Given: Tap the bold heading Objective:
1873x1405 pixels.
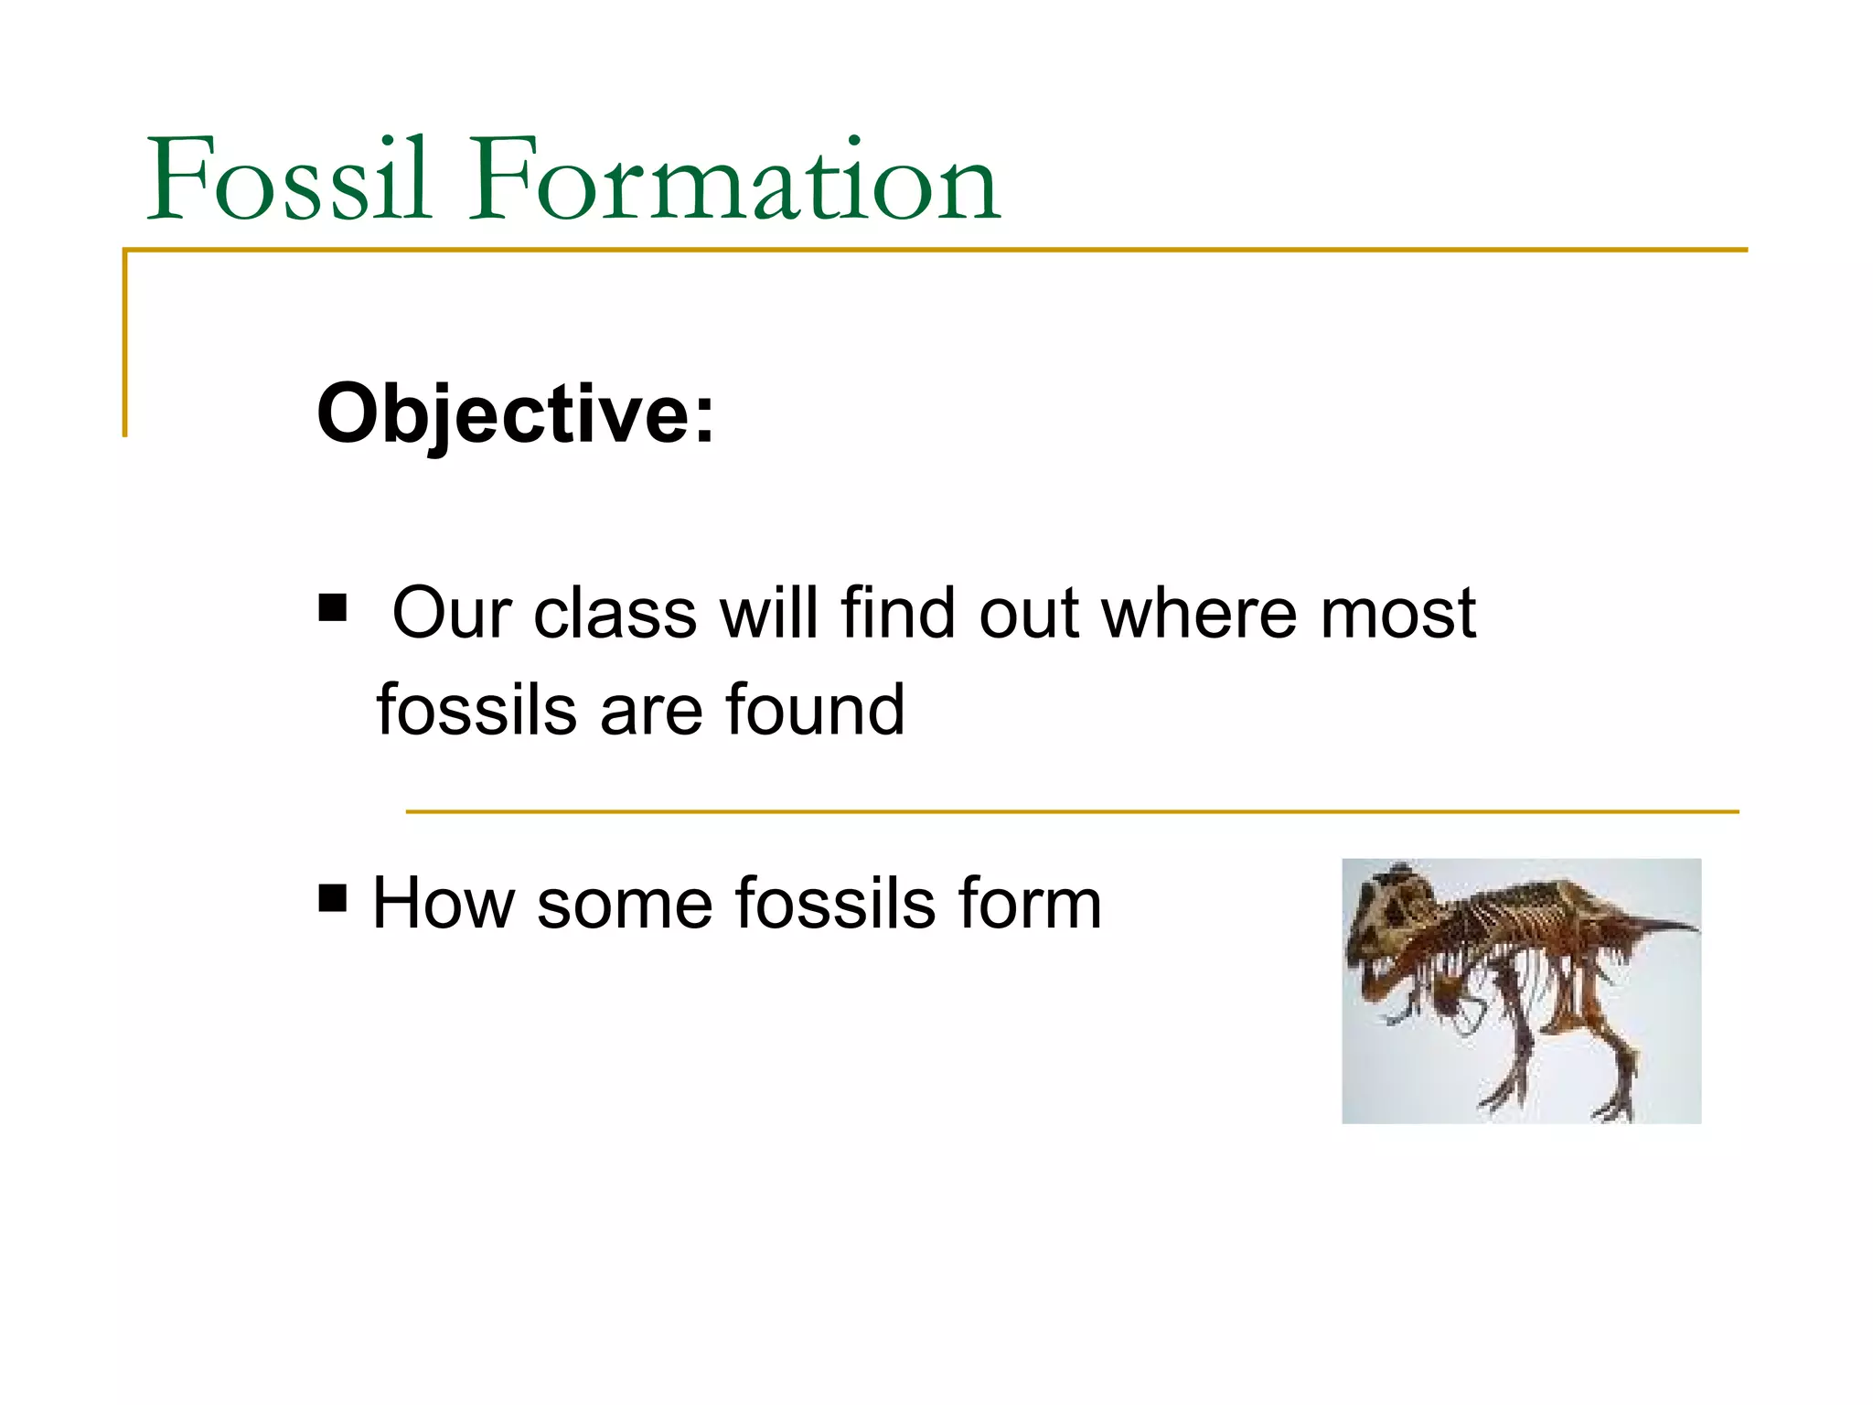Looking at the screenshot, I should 515,414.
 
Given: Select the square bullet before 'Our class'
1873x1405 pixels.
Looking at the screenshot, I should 333,608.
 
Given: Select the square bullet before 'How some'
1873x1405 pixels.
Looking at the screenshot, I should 333,898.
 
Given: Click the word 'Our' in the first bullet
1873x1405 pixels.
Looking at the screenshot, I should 451,613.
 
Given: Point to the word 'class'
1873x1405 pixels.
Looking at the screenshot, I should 615,613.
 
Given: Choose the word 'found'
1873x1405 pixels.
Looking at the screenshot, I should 815,710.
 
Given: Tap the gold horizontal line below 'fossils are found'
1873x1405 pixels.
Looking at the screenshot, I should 1070,811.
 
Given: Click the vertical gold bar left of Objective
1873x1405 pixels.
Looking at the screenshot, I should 125,343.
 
